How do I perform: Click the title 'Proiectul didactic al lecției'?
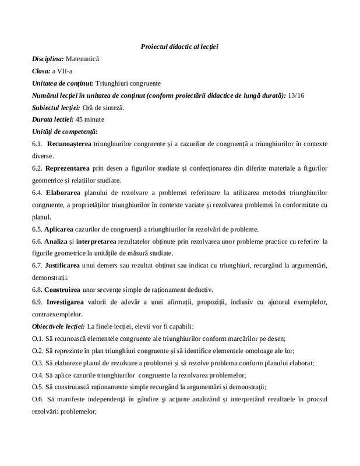point(179,46)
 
